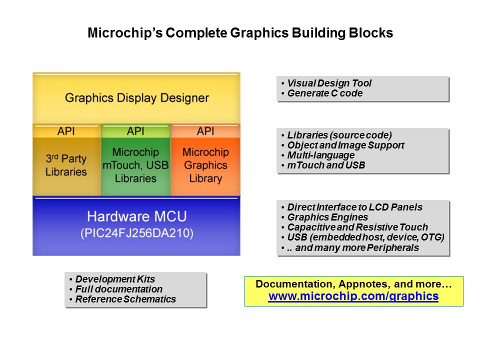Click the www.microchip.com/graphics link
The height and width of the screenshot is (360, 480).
[353, 296]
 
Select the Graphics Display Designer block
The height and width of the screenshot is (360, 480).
[136, 98]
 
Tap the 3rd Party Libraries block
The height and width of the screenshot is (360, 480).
[66, 165]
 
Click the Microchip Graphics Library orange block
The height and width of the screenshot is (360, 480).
[205, 165]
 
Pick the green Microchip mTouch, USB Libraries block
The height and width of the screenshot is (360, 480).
[135, 165]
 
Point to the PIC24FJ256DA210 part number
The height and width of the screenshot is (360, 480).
[137, 233]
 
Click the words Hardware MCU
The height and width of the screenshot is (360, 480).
[137, 216]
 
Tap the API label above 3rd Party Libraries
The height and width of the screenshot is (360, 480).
[66, 131]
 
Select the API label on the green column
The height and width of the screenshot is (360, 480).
[135, 131]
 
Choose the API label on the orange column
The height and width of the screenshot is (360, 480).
[205, 131]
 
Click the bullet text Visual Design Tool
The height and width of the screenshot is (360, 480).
[329, 83]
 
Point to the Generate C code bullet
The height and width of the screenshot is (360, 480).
[325, 93]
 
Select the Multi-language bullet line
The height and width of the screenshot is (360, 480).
[321, 155]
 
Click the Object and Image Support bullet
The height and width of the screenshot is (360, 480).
[345, 145]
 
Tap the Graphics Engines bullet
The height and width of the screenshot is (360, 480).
[327, 217]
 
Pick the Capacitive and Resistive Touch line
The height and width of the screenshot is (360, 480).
[357, 227]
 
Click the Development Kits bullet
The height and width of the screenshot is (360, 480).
[115, 279]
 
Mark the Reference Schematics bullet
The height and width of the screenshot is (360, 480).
[125, 299]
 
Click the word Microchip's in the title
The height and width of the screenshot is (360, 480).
[125, 33]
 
